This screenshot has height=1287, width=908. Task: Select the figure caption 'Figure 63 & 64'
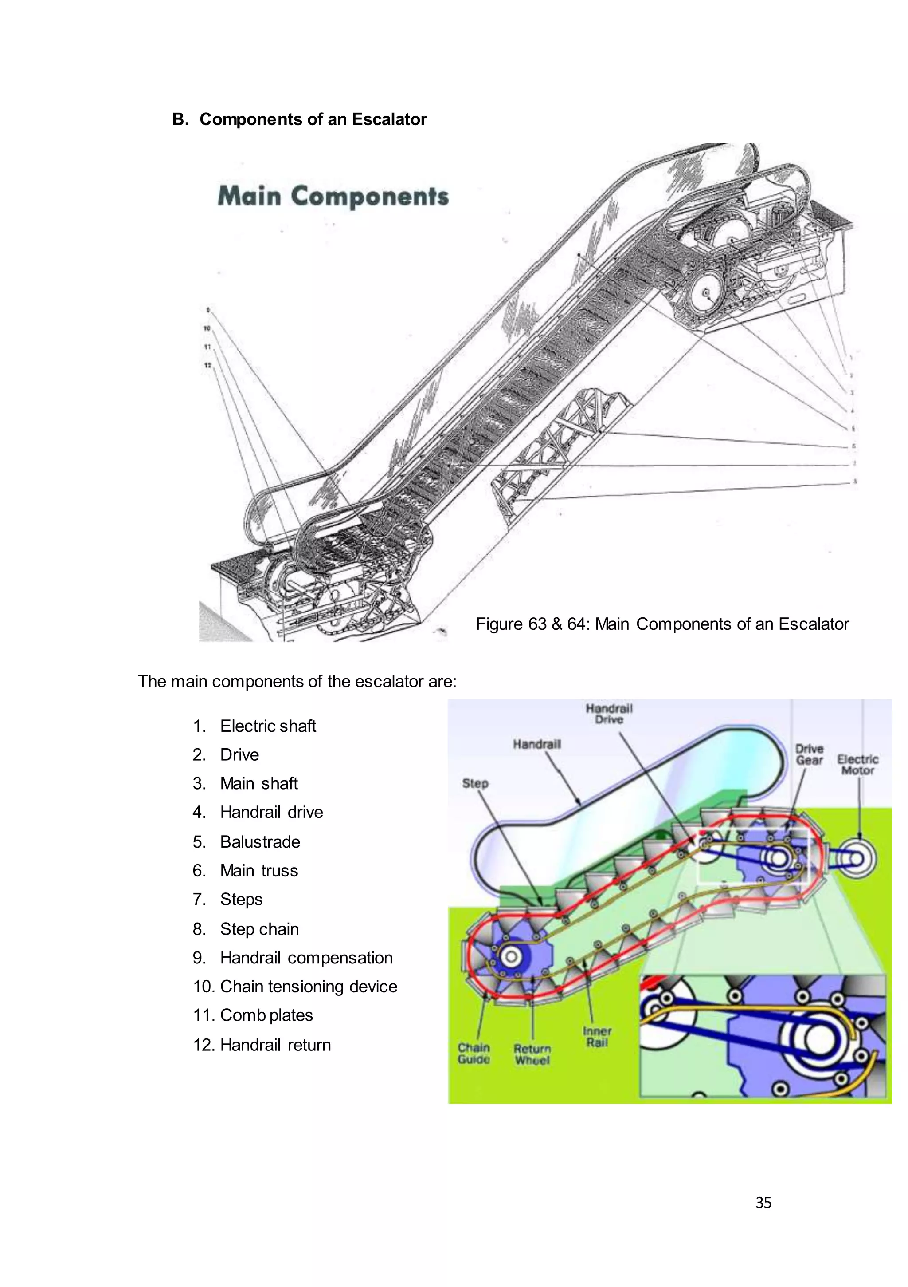click(661, 624)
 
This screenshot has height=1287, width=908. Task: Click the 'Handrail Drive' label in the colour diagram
click(608, 714)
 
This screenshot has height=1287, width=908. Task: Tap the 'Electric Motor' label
click(857, 765)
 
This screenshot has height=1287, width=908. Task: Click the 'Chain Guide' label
click(474, 1053)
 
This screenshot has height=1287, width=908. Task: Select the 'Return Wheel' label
click(532, 1054)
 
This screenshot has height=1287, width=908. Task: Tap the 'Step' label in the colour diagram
click(475, 783)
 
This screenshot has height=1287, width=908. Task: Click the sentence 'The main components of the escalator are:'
click(297, 682)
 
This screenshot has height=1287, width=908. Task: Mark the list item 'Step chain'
click(259, 929)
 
